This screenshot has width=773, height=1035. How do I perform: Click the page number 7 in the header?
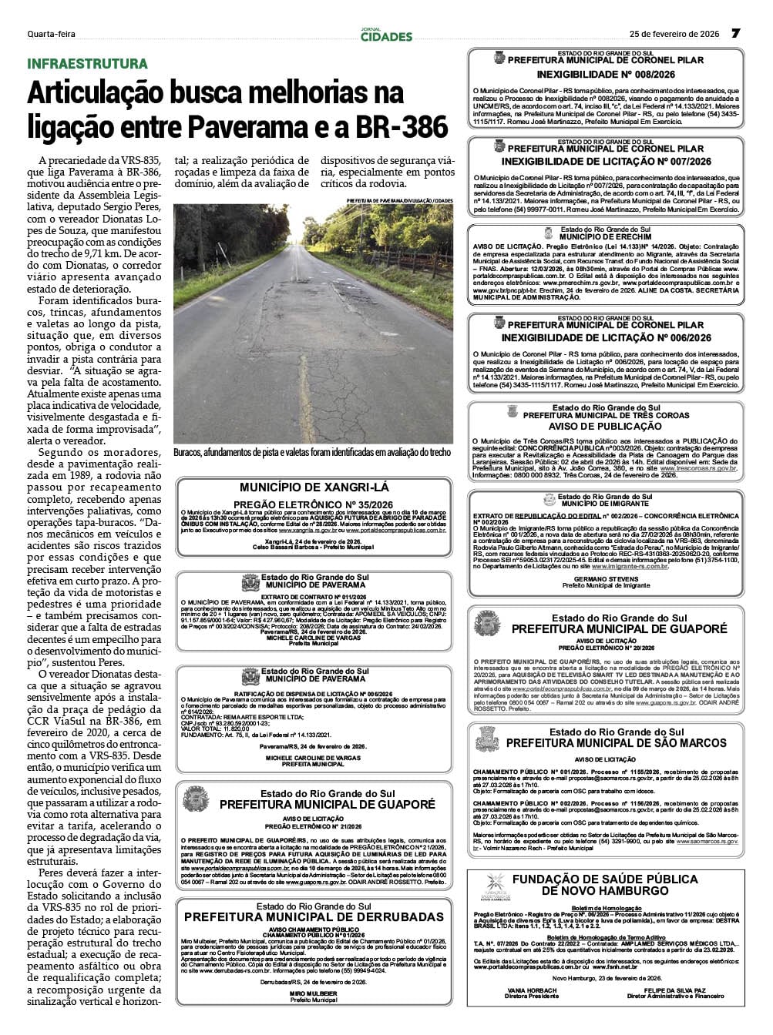point(735,34)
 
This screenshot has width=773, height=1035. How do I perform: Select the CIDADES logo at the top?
point(386,35)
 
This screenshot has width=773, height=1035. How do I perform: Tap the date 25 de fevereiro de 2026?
point(674,34)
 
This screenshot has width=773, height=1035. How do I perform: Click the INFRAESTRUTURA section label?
point(87,63)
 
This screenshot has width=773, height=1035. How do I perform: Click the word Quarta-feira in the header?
point(51,34)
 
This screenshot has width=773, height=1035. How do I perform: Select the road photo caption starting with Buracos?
point(312,453)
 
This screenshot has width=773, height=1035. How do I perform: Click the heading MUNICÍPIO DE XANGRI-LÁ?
point(314,487)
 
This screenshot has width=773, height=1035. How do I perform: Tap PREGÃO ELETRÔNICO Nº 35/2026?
point(314,504)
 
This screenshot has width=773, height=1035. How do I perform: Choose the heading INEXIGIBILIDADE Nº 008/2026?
point(606,75)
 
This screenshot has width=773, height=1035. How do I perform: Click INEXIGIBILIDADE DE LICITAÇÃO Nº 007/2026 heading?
point(606,162)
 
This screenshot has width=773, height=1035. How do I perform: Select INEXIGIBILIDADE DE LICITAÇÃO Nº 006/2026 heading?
point(606,338)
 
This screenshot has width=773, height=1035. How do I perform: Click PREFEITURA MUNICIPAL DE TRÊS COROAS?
point(606,415)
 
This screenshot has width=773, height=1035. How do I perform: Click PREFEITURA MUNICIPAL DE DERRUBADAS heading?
point(314,917)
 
